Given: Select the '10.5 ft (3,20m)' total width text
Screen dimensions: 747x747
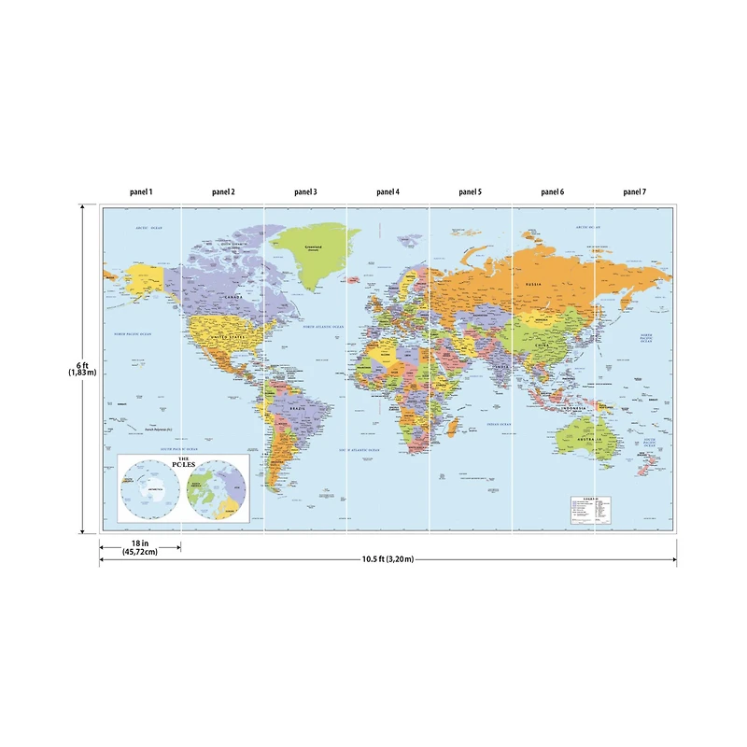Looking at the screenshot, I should pos(388,559).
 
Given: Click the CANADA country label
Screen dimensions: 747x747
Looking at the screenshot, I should pos(234,298).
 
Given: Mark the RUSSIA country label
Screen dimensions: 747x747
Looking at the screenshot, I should pos(534,284).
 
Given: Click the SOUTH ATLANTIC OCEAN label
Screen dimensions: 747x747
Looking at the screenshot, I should pos(359,450).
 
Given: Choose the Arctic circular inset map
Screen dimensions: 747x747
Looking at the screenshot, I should pos(217,491).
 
